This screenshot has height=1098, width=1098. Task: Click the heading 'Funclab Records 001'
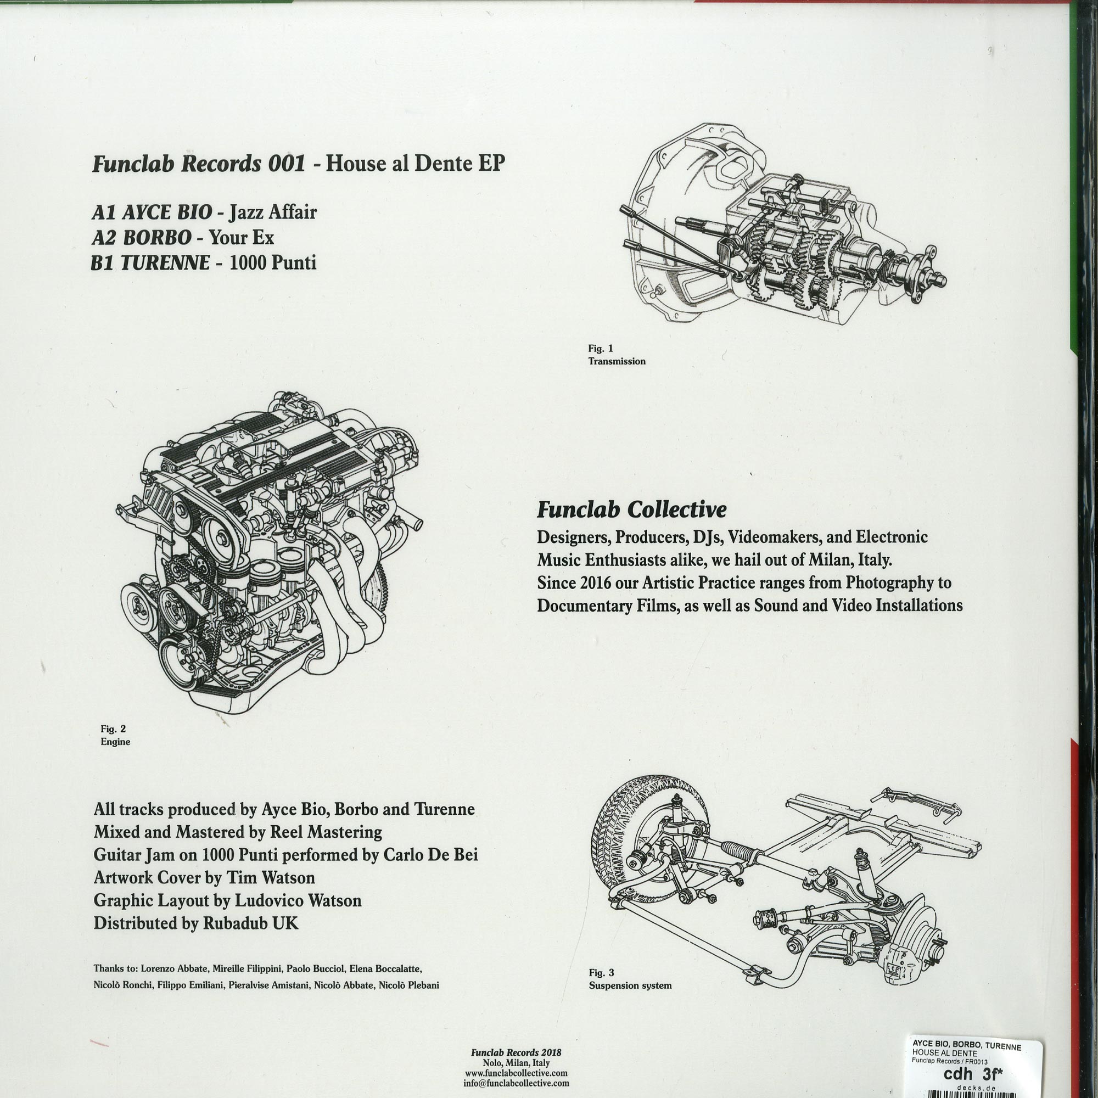(x=199, y=164)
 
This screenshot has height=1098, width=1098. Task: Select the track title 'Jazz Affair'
(x=272, y=212)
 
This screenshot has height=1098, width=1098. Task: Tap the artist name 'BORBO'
(x=157, y=238)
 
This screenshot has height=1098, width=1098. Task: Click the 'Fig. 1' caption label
(x=601, y=348)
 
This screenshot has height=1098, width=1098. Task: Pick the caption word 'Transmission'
(x=617, y=361)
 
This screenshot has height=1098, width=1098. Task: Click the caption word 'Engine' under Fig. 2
(x=115, y=742)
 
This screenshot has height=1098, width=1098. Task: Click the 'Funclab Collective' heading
(x=632, y=510)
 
